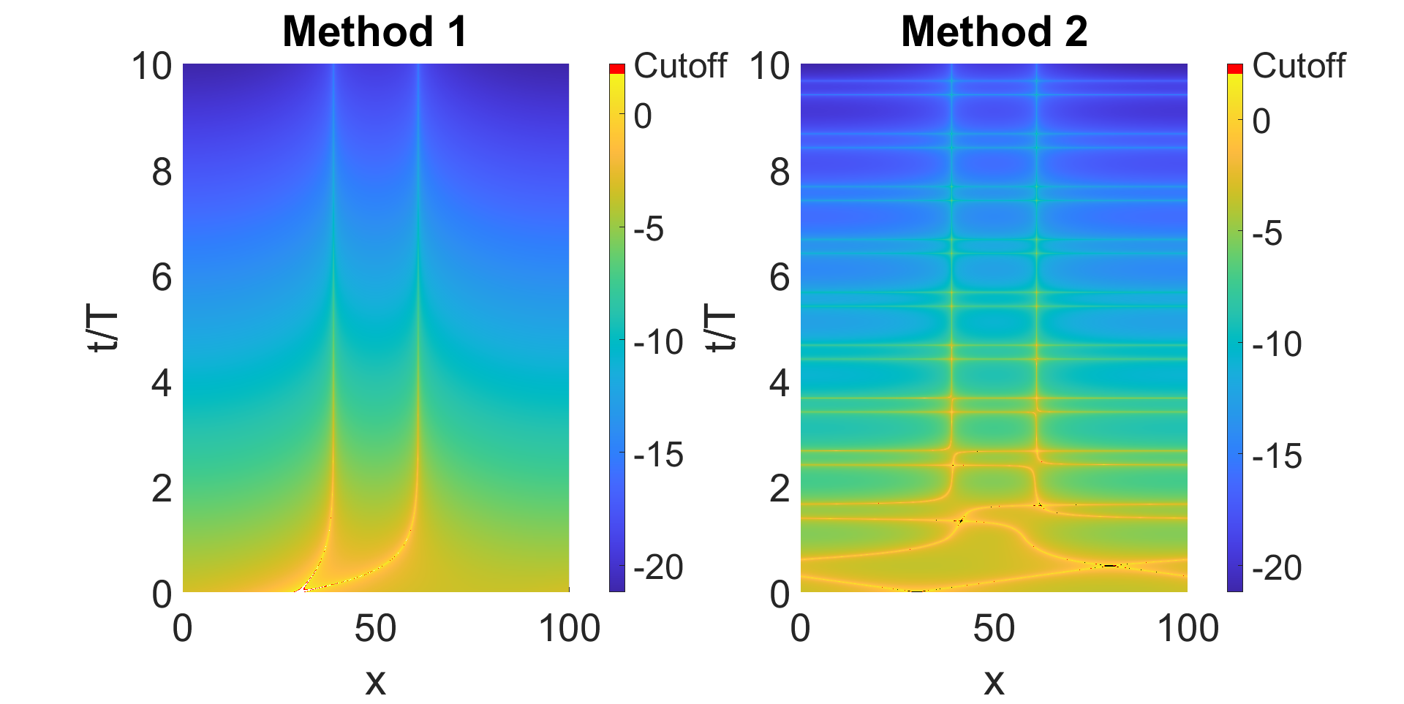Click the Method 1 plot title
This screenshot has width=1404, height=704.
click(x=374, y=32)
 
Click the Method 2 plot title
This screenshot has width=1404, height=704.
click(x=994, y=32)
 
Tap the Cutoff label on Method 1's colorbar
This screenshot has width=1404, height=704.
click(x=680, y=66)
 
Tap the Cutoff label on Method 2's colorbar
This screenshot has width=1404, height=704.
click(x=1299, y=66)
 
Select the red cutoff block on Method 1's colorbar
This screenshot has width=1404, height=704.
click(x=617, y=69)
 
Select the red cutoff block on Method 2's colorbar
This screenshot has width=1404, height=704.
click(x=1235, y=69)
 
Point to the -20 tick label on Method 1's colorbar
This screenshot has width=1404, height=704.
click(x=658, y=568)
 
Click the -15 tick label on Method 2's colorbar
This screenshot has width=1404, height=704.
click(x=1277, y=456)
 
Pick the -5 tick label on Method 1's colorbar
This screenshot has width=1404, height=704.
click(x=649, y=230)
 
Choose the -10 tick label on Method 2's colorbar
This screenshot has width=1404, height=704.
click(x=1277, y=344)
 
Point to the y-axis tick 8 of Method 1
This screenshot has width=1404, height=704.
click(x=162, y=173)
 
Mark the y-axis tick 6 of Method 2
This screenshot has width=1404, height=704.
click(x=780, y=278)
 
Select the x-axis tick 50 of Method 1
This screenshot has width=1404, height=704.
click(x=375, y=629)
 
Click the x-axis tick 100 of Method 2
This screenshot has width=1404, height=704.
click(x=1188, y=629)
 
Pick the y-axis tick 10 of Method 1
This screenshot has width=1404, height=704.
click(x=151, y=67)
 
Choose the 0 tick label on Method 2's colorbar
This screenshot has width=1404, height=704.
click(x=1261, y=121)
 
